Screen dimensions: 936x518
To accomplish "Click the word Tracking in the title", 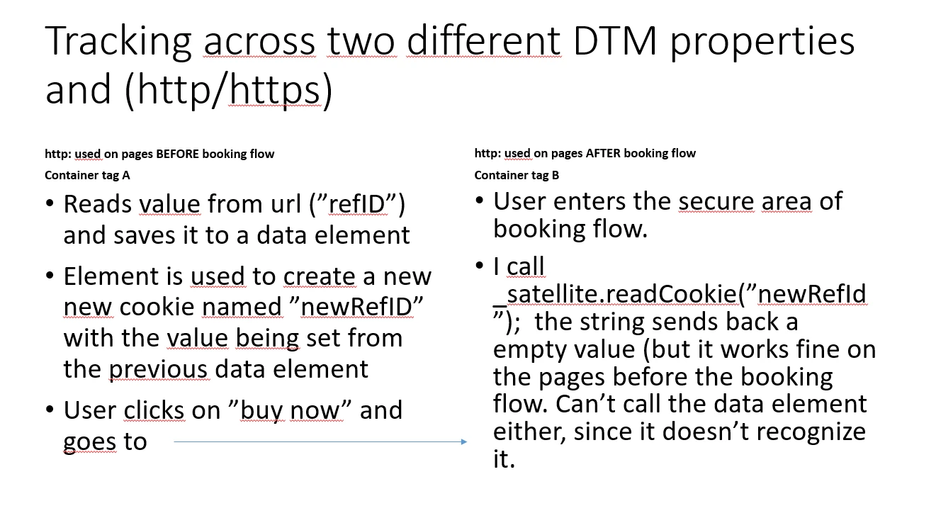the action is pyautogui.click(x=118, y=43).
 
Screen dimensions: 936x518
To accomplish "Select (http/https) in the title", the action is pyautogui.click(x=229, y=90).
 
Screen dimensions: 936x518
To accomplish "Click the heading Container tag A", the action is pyautogui.click(x=87, y=175).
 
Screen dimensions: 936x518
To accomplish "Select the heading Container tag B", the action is pyautogui.click(x=517, y=175).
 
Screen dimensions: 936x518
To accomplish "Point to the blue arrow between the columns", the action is pyautogui.click(x=320, y=441).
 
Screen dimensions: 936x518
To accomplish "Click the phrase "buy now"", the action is pyautogui.click(x=291, y=410).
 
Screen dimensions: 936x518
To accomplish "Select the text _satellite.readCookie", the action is pyautogui.click(x=615, y=293).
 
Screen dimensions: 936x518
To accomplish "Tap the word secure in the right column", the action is pyautogui.click(x=716, y=201).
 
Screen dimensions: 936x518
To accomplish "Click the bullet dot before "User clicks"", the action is pyautogui.click(x=50, y=409).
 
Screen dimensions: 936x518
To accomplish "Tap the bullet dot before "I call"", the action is pyautogui.click(x=479, y=266).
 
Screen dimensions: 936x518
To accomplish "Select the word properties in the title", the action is pyautogui.click(x=762, y=43).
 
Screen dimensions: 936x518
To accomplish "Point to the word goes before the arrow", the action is pyautogui.click(x=89, y=442).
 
